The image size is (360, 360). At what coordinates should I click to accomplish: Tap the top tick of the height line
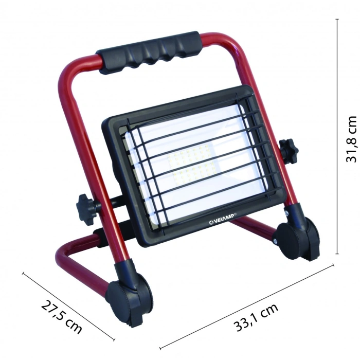(x=337, y=20)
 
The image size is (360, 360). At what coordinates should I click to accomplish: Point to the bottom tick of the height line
(x=337, y=254)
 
